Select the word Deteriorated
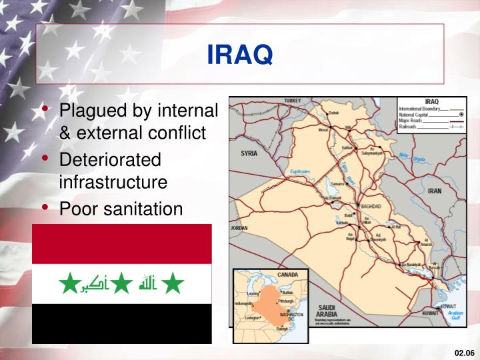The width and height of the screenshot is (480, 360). (111, 160)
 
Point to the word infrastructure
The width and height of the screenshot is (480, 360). (113, 181)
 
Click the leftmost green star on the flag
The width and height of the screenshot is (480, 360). (69, 285)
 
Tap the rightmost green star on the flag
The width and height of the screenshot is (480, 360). (173, 285)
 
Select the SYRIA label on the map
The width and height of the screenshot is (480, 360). (249, 153)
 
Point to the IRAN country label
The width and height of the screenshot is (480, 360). (434, 191)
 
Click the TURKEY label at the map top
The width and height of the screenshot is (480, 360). (293, 101)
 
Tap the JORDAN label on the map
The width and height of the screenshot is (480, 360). (239, 228)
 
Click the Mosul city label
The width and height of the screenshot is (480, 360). (325, 130)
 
